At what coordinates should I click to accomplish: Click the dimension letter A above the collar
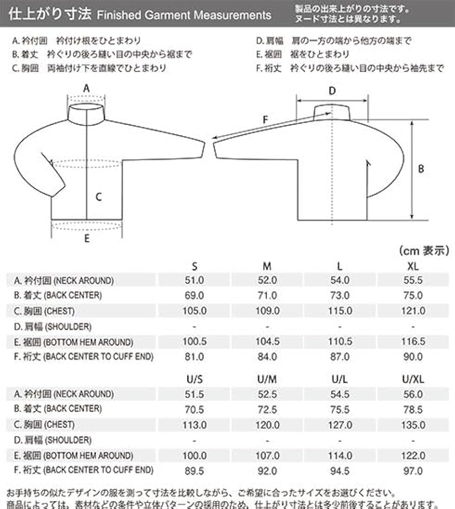point(87,88)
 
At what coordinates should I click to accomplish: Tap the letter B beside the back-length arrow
point(421,169)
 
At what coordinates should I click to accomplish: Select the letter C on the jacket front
point(99,197)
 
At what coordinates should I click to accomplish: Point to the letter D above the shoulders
point(332,91)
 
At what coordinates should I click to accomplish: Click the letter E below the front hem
point(87,238)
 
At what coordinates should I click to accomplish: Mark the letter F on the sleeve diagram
point(265,120)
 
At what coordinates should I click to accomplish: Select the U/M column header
point(267,379)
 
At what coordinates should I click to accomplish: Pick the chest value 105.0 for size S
point(193,311)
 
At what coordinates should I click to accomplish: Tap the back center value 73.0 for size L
point(339,295)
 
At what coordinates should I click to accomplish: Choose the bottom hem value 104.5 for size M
point(267,342)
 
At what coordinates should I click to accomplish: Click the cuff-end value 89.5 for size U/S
point(193,471)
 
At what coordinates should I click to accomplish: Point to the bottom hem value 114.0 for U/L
point(339,456)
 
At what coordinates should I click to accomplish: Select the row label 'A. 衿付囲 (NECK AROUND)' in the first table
point(64,280)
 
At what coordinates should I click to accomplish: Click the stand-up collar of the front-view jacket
point(87,114)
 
